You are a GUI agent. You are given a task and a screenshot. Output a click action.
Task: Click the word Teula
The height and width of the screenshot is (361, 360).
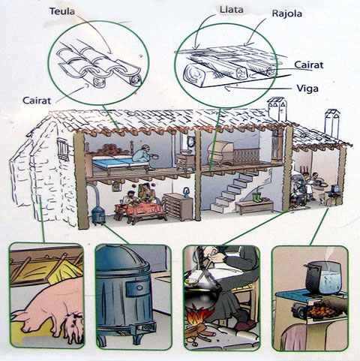click(62, 11)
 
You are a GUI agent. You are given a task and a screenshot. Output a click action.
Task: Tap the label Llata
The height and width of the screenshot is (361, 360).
click(232, 10)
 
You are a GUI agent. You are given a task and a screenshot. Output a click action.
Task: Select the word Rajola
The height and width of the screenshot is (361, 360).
click(287, 14)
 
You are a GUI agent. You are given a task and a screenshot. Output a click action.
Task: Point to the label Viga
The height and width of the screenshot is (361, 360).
click(307, 89)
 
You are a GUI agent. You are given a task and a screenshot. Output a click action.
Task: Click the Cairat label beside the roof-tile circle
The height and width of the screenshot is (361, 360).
click(37, 101)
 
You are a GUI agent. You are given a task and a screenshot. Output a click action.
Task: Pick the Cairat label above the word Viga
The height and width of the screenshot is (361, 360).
click(309, 65)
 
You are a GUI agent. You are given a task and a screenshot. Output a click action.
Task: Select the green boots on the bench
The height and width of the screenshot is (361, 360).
click(257, 197)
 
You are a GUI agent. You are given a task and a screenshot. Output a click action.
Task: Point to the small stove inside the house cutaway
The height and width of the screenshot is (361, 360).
click(98, 215)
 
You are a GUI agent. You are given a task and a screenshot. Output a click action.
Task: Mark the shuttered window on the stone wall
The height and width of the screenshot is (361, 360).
click(63, 149)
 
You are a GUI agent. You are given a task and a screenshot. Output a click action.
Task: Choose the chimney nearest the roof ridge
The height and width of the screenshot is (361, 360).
click(277, 109)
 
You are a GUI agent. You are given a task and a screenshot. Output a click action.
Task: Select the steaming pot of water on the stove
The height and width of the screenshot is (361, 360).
click(323, 278)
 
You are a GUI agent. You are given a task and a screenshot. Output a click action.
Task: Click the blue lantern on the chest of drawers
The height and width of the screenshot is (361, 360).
click(186, 192)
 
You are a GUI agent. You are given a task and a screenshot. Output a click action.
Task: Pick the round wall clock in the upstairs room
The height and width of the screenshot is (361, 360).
click(191, 142)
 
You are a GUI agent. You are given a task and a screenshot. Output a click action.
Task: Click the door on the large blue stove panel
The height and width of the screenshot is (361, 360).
click(138, 288)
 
